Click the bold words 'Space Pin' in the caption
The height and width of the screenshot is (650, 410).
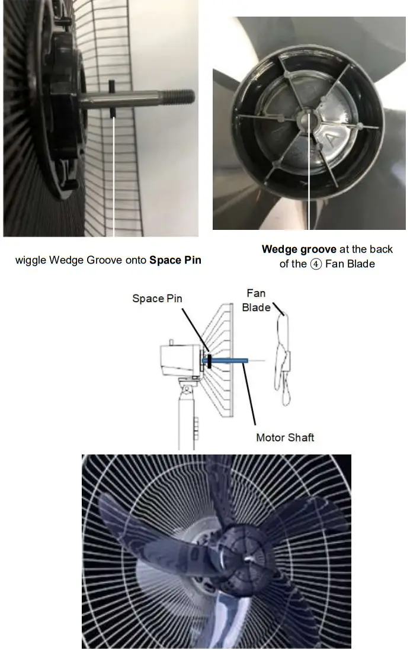175,260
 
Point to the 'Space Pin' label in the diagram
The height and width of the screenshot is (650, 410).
158,299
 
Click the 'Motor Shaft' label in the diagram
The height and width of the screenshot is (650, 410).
285,438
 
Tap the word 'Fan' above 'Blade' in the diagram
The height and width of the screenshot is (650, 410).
256,293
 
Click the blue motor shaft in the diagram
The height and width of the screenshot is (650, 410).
228,360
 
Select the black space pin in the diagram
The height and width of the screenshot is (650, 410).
209,359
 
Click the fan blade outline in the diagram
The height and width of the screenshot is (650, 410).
283,356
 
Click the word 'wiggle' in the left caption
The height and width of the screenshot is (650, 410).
30,260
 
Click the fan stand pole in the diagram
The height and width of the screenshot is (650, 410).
187,421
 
